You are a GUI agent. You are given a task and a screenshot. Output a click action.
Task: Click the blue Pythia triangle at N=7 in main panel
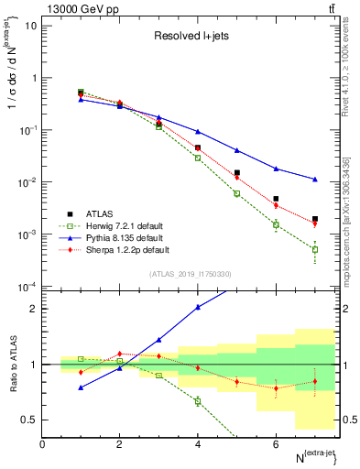(x=314, y=180)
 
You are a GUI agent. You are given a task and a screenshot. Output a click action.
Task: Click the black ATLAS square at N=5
(x=236, y=172)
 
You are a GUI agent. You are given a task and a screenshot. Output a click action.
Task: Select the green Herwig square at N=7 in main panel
(x=314, y=249)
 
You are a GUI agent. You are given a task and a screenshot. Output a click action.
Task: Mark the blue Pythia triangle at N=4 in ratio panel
(x=198, y=308)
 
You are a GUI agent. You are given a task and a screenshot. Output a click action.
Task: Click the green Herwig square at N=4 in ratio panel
(x=198, y=401)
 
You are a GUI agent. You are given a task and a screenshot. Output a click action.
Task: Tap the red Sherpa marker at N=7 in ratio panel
(x=314, y=382)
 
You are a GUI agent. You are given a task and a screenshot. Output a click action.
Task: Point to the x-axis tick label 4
(x=198, y=444)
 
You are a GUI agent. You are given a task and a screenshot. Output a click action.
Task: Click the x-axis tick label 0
(x=42, y=444)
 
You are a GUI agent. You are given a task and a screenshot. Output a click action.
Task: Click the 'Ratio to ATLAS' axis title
(x=12, y=364)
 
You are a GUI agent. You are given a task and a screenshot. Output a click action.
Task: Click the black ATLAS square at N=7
(x=314, y=220)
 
